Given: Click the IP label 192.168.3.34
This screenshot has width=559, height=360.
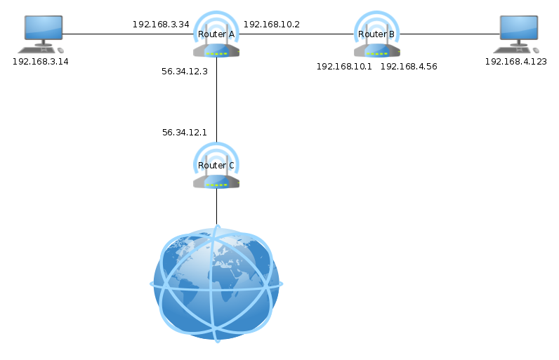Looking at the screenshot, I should click(x=161, y=25).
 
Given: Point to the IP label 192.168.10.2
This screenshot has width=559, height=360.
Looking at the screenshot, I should click(x=272, y=25).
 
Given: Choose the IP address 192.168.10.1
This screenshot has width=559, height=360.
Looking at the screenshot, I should click(x=344, y=67).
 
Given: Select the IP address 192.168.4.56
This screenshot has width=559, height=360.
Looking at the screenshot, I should click(x=409, y=67).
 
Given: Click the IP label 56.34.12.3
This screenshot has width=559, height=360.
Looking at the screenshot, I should click(x=185, y=71).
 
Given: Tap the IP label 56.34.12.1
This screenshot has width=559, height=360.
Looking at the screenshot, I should click(x=185, y=133).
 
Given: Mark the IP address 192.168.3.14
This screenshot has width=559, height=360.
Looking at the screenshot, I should click(x=41, y=62).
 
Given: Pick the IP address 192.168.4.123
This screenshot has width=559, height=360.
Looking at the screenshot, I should click(x=516, y=62).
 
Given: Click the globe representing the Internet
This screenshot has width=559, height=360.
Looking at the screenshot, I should click(x=216, y=284).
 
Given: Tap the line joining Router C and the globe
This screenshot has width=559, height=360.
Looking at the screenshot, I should click(x=216, y=207).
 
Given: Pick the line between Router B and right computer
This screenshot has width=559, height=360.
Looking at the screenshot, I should click(x=449, y=34).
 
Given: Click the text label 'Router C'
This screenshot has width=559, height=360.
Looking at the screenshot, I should click(x=216, y=166).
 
